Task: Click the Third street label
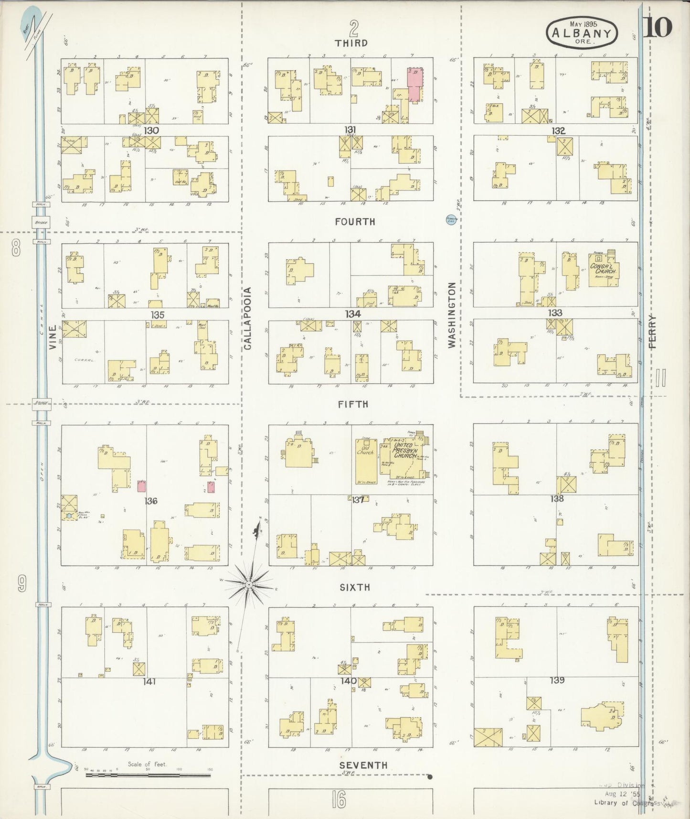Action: pos(351,43)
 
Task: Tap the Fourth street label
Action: pos(355,222)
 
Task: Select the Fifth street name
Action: pos(353,404)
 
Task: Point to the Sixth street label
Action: pos(355,587)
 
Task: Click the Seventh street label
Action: pos(363,765)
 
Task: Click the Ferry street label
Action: pos(652,331)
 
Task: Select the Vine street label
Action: pos(53,337)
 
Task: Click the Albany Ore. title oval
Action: pos(582,32)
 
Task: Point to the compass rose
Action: pos(249,584)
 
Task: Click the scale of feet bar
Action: pos(148,775)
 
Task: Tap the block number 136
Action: pos(151,501)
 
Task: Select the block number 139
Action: pos(557,679)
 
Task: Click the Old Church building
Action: pos(366,461)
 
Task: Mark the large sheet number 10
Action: pos(659,28)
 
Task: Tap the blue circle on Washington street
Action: pos(451,220)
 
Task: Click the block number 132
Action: pos(558,130)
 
